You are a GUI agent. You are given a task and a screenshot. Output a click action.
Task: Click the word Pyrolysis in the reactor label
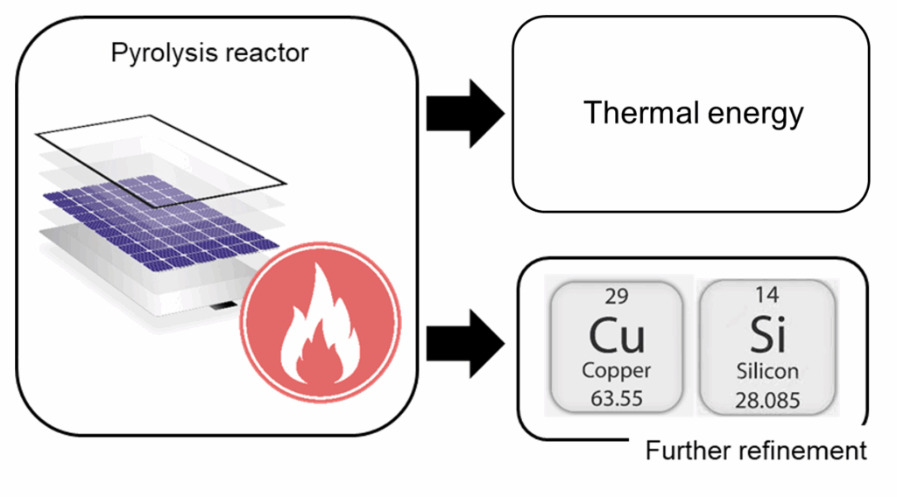coord(163,53)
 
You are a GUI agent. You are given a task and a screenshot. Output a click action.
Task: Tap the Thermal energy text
coord(692,114)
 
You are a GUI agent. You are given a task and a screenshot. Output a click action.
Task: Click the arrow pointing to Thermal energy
coord(463,113)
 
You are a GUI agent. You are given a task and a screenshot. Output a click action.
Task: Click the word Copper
coord(617,371)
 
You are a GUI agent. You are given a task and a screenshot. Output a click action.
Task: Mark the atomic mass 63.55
coord(617,400)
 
